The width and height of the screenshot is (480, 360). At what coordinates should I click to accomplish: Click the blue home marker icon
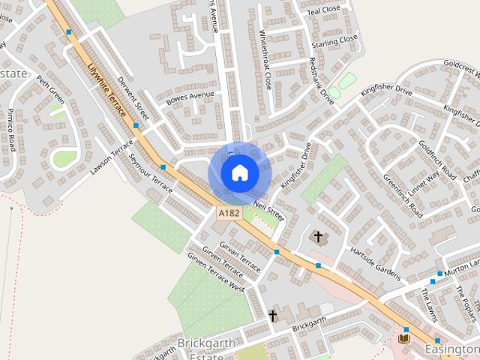pyautogui.click(x=239, y=173)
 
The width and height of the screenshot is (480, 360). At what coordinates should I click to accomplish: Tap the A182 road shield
pyautogui.click(x=229, y=214)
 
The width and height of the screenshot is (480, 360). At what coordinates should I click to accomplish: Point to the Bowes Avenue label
pyautogui.click(x=190, y=97)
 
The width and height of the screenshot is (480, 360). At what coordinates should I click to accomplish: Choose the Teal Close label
pyautogui.click(x=324, y=10)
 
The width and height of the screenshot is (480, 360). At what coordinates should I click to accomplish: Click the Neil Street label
pyautogui.click(x=268, y=209)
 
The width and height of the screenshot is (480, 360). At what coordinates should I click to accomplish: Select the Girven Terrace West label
pyautogui.click(x=216, y=273)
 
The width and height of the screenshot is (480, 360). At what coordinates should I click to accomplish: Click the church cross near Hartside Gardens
pyautogui.click(x=318, y=237)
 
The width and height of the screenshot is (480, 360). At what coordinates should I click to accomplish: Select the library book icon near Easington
pyautogui.click(x=403, y=339)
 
